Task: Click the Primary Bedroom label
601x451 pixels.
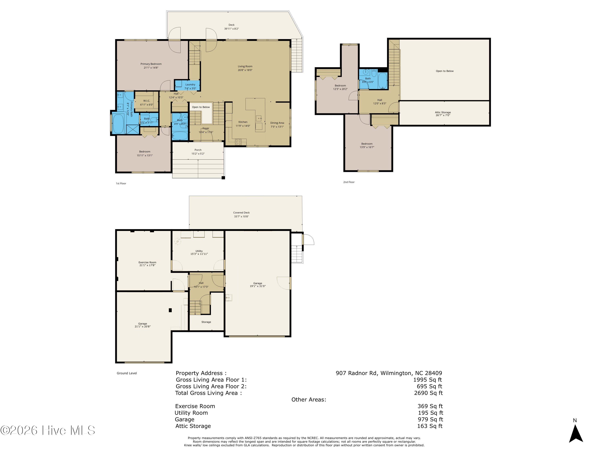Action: pyautogui.click(x=151, y=64)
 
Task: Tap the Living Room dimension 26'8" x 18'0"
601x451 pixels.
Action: pyautogui.click(x=245, y=70)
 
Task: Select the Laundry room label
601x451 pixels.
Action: pyautogui.click(x=190, y=85)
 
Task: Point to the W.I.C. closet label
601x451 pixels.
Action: pyautogui.click(x=147, y=101)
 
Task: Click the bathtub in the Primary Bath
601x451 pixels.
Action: pyautogui.click(x=118, y=124)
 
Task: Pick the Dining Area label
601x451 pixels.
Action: pyautogui.click(x=277, y=123)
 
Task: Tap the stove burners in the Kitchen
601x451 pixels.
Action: pyautogui.click(x=238, y=142)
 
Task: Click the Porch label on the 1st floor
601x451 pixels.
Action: pyautogui.click(x=198, y=150)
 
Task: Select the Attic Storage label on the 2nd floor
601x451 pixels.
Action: pyautogui.click(x=443, y=112)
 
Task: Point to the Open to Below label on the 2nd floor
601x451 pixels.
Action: pyautogui.click(x=445, y=71)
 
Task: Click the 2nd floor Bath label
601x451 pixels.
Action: pyautogui.click(x=368, y=79)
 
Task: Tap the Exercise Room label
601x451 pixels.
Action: pyautogui.click(x=147, y=262)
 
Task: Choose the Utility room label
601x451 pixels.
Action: pyautogui.click(x=199, y=251)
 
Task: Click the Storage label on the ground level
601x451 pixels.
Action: pyautogui.click(x=206, y=322)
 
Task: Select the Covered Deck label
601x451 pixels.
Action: pyautogui.click(x=241, y=213)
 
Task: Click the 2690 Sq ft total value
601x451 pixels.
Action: pyautogui.click(x=429, y=393)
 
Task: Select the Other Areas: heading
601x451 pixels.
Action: pyautogui.click(x=309, y=400)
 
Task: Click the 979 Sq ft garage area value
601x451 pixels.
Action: pyautogui.click(x=430, y=420)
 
